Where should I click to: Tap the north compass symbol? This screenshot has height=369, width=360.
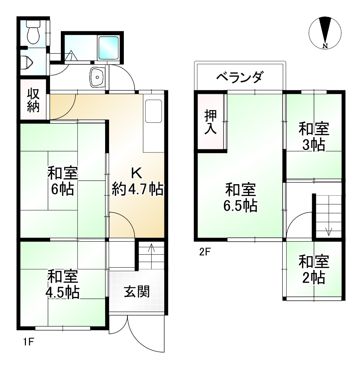point(325,33)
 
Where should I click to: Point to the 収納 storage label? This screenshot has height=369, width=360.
point(33,101)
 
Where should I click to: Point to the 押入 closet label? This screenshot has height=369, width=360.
point(211,122)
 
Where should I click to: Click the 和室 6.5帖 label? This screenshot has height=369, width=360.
point(240,197)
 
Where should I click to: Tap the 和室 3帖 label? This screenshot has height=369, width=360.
point(314,137)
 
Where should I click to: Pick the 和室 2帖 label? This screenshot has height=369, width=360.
point(314,270)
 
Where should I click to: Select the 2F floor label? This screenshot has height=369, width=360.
point(204,251)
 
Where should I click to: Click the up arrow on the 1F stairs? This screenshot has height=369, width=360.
point(151,248)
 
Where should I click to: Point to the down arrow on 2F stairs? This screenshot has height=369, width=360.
point(328,231)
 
